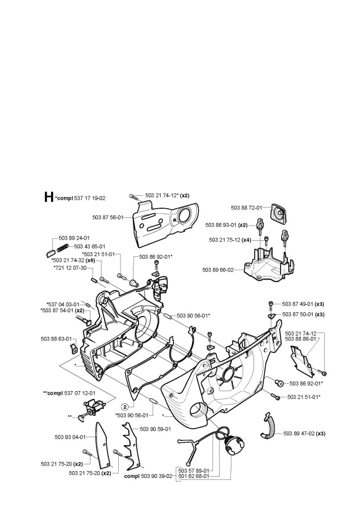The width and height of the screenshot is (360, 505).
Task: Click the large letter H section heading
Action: pos(47,197)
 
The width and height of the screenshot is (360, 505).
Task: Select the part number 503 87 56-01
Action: pos(108,217)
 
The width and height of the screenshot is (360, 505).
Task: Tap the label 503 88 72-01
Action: pos(247,208)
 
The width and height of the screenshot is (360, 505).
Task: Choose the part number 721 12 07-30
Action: pos(70,268)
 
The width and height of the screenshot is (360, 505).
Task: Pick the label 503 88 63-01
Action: pos(56,339)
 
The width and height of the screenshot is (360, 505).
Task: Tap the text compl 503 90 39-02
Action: pos(149,476)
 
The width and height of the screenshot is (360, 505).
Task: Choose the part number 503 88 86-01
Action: pos(301,339)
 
